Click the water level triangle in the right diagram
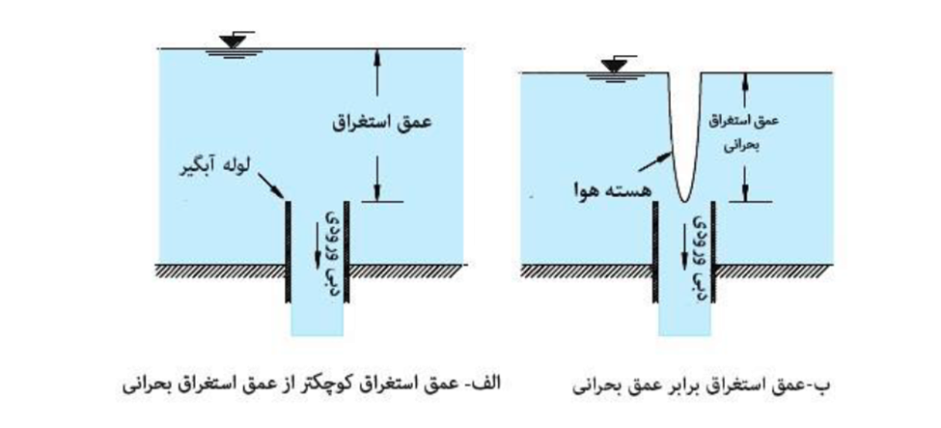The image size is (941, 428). click(x=614, y=66)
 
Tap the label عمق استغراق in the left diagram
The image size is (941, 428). click(x=382, y=122)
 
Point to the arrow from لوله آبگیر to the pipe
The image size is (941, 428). click(x=271, y=185)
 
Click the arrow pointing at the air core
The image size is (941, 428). click(x=654, y=162)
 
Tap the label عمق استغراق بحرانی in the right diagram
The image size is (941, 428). click(x=743, y=132)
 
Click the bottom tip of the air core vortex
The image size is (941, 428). click(x=683, y=201)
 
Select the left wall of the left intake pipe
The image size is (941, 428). click(x=288, y=252)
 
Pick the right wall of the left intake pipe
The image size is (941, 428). click(x=346, y=252)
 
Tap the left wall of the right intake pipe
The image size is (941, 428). click(x=655, y=252)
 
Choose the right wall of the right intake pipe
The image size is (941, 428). click(x=713, y=252)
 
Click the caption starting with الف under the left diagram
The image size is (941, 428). click(x=311, y=384)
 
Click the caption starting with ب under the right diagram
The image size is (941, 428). click(x=702, y=385)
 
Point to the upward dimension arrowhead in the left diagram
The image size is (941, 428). click(x=376, y=56)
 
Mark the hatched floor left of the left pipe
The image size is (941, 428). click(x=220, y=271)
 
